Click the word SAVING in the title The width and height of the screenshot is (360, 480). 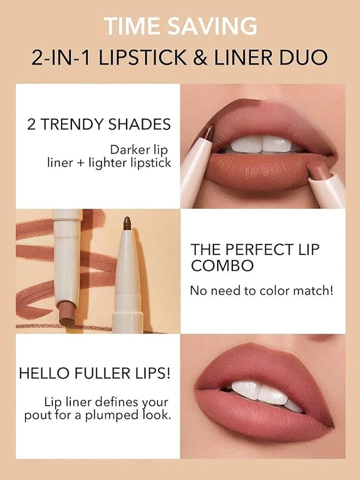pyautogui.click(x=213, y=26)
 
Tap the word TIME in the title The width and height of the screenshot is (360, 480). pyautogui.click(x=132, y=26)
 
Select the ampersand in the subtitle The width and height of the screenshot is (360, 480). pyautogui.click(x=200, y=58)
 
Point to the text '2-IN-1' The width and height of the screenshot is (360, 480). pyautogui.click(x=61, y=58)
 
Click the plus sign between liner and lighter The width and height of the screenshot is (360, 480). pyautogui.click(x=81, y=163)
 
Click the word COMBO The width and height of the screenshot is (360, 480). pyautogui.click(x=222, y=266)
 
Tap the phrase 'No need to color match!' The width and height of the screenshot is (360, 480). pyautogui.click(x=261, y=290)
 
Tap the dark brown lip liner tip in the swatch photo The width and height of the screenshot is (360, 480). pyautogui.click(x=127, y=223)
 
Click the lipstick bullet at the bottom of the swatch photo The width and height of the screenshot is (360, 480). pyautogui.click(x=67, y=313)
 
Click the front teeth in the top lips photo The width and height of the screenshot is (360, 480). pyautogui.click(x=262, y=144)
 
